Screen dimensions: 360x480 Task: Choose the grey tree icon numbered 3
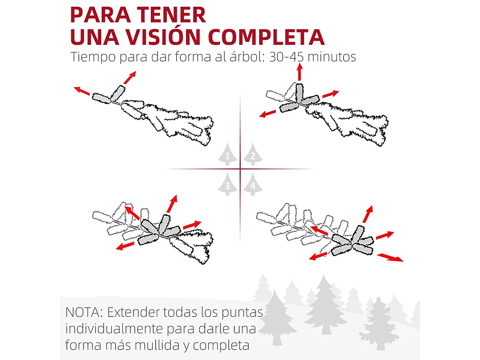(x=228, y=184)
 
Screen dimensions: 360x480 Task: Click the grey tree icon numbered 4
(x=252, y=184)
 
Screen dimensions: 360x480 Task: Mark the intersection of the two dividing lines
(x=240, y=169)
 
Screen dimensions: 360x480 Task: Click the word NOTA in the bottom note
(x=84, y=312)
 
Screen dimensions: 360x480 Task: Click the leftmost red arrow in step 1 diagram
(x=82, y=91)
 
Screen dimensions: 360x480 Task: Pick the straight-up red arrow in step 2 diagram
(x=299, y=72)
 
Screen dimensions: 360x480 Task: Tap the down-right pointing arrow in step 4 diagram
(x=390, y=257)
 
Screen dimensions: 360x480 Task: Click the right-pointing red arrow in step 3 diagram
(x=192, y=225)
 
